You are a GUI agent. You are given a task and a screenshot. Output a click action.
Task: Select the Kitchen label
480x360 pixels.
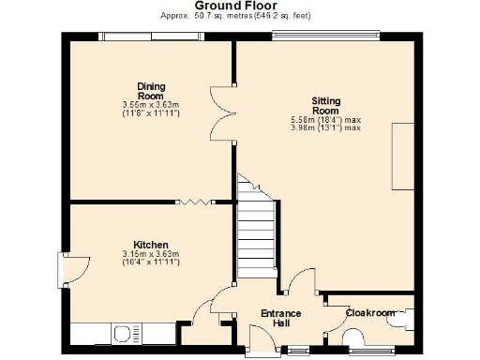pos(150,245)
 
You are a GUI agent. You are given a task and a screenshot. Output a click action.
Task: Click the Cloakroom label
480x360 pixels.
pos(369,312)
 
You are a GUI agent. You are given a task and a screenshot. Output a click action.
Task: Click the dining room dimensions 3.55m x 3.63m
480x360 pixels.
pos(151,105)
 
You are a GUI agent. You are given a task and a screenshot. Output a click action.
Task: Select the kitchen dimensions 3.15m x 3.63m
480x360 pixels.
pos(150,255)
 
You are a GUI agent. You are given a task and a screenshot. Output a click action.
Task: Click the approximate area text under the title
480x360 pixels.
pos(235,17)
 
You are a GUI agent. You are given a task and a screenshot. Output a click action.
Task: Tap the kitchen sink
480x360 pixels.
pos(125,333)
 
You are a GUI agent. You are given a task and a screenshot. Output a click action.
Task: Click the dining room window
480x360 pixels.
pos(151,37)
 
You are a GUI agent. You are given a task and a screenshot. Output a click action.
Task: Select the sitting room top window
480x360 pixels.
pos(325,37)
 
